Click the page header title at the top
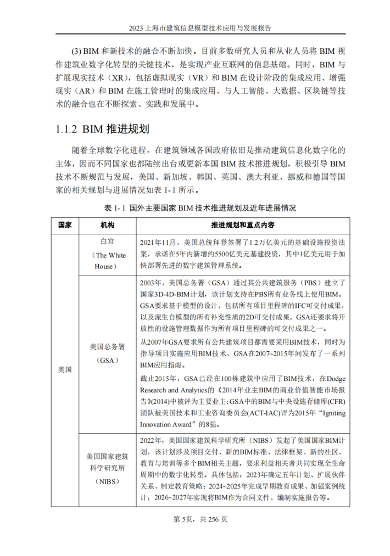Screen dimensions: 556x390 coord(194,26)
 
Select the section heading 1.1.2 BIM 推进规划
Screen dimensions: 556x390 coord(103,130)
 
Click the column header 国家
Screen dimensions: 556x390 coord(65,226)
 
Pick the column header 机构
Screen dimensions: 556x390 coord(108,226)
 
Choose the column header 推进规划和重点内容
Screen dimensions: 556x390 coord(242,226)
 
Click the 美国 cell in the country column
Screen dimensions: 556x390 coord(65,369)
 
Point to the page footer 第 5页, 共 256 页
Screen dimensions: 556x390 coord(194,519)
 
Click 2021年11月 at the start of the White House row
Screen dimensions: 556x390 coord(159,242)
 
